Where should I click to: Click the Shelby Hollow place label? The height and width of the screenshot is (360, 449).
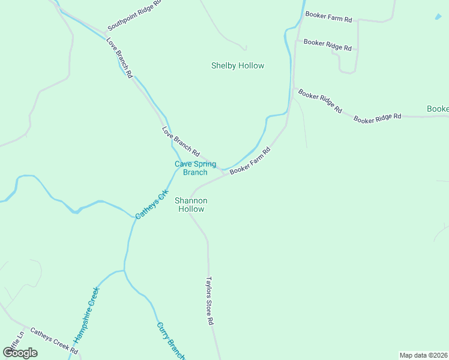pyautogui.click(x=238, y=65)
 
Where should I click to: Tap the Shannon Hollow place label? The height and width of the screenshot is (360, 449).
pyautogui.click(x=190, y=205)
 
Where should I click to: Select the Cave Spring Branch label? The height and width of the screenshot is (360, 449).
pyautogui.click(x=195, y=168)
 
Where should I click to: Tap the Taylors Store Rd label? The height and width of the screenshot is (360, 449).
pyautogui.click(x=210, y=301)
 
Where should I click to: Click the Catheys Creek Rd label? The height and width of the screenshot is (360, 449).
pyautogui.click(x=54, y=340)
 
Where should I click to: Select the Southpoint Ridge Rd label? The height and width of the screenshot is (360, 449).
pyautogui.click(x=135, y=16)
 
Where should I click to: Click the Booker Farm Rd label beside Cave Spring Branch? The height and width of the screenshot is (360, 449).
pyautogui.click(x=250, y=161)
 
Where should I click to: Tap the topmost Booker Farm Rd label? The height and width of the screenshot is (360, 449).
pyautogui.click(x=328, y=17)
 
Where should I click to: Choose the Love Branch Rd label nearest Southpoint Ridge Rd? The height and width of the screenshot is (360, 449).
pyautogui.click(x=119, y=58)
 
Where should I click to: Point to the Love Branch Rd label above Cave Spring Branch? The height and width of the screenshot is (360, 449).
pyautogui.click(x=181, y=142)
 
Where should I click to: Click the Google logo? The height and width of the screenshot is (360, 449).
pyautogui.click(x=20, y=352)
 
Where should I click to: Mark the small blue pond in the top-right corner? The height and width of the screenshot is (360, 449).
pyautogui.click(x=438, y=17)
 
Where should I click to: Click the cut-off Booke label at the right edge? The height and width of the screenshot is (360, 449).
pyautogui.click(x=438, y=109)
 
